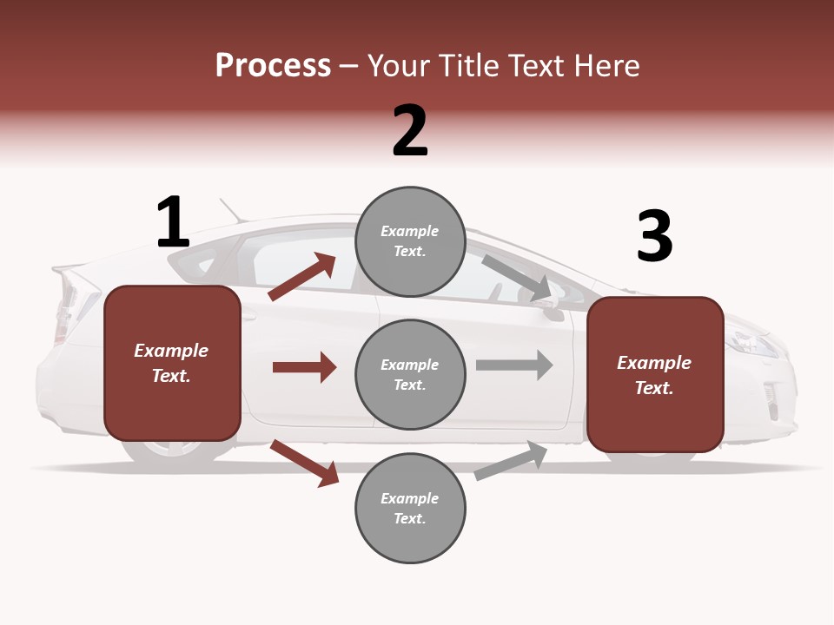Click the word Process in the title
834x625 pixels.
coord(273,66)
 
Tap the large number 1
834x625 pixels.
coord(173,222)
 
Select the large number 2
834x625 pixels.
coord(410,131)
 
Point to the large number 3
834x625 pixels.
coord(655,237)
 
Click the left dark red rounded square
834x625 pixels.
coord(172,363)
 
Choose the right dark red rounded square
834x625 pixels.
coord(655,374)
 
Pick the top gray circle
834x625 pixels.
coord(410,241)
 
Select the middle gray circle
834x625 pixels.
coord(410,374)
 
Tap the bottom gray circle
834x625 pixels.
coord(410,508)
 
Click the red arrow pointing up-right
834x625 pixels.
coord(302,277)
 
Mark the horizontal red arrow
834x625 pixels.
coord(304,367)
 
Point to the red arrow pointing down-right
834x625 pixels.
coord(304,464)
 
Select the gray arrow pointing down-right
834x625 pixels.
coord(517,278)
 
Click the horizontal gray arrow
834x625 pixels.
coord(514,365)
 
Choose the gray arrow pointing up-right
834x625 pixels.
coord(512,460)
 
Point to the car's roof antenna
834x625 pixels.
coord(231,211)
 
